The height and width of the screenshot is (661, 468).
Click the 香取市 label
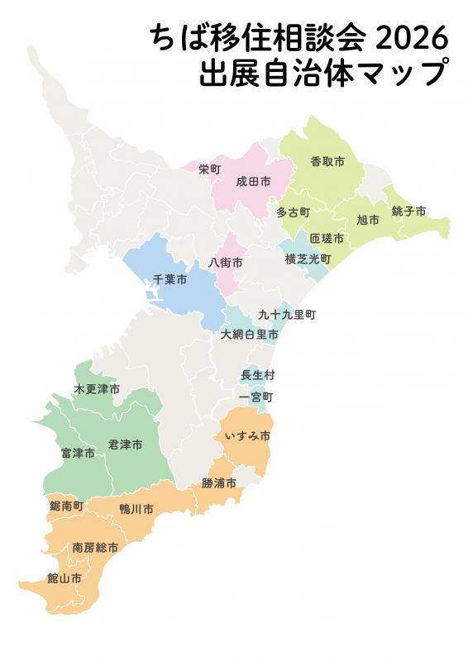point(327,160)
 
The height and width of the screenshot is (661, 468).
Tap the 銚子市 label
point(408,212)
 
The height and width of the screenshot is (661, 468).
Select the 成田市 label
point(253,181)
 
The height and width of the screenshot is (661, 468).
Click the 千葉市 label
point(170,280)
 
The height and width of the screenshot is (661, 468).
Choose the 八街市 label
point(226,262)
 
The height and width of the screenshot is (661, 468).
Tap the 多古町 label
point(293,212)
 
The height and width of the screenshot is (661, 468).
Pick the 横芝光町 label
point(308,259)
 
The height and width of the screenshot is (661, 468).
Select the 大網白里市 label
point(250,335)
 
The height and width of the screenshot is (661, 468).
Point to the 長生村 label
point(257,375)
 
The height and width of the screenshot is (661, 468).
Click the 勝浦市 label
point(219,483)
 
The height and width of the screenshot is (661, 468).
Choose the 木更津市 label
point(97,388)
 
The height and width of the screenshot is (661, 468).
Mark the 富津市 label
point(78,453)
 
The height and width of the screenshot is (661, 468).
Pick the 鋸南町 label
point(67,505)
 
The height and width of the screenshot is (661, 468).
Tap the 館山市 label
point(64,578)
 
